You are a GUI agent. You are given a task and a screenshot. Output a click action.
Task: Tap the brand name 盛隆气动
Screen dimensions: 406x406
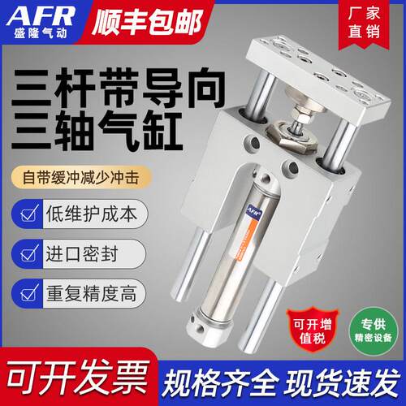click(x=41, y=33)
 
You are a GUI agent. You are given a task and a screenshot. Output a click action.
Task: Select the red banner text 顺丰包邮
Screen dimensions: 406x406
click(x=147, y=22)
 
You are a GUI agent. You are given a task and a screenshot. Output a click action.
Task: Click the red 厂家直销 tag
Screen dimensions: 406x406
click(x=364, y=23)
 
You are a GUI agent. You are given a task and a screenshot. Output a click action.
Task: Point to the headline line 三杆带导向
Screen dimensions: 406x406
click(x=119, y=88)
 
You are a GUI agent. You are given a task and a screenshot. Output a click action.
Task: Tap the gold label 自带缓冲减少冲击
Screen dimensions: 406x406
click(x=80, y=177)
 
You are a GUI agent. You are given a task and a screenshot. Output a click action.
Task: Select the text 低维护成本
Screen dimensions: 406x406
click(x=92, y=214)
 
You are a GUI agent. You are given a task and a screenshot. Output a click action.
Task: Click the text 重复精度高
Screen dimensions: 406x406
click(x=91, y=293)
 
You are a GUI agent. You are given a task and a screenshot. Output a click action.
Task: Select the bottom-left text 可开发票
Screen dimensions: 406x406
click(x=78, y=377)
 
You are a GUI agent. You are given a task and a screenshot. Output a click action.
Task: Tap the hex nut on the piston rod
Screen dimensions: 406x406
click(x=292, y=136)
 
